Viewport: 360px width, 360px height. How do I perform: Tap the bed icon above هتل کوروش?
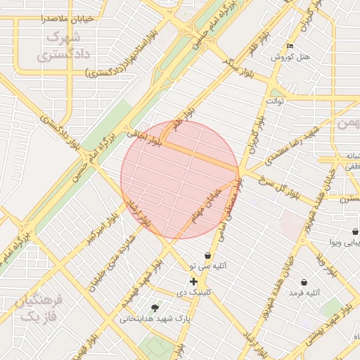pyautogui.click(x=290, y=46)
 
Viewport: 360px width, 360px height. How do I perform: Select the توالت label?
pyautogui.click(x=274, y=101)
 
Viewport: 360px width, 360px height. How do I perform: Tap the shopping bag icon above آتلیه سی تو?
pyautogui.click(x=207, y=255)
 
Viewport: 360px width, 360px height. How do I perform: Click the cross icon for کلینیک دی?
pyautogui.click(x=194, y=281)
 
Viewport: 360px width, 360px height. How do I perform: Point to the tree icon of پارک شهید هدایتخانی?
pyautogui.click(x=155, y=307)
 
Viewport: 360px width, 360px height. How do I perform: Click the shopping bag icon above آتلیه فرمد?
pyautogui.click(x=303, y=282)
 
